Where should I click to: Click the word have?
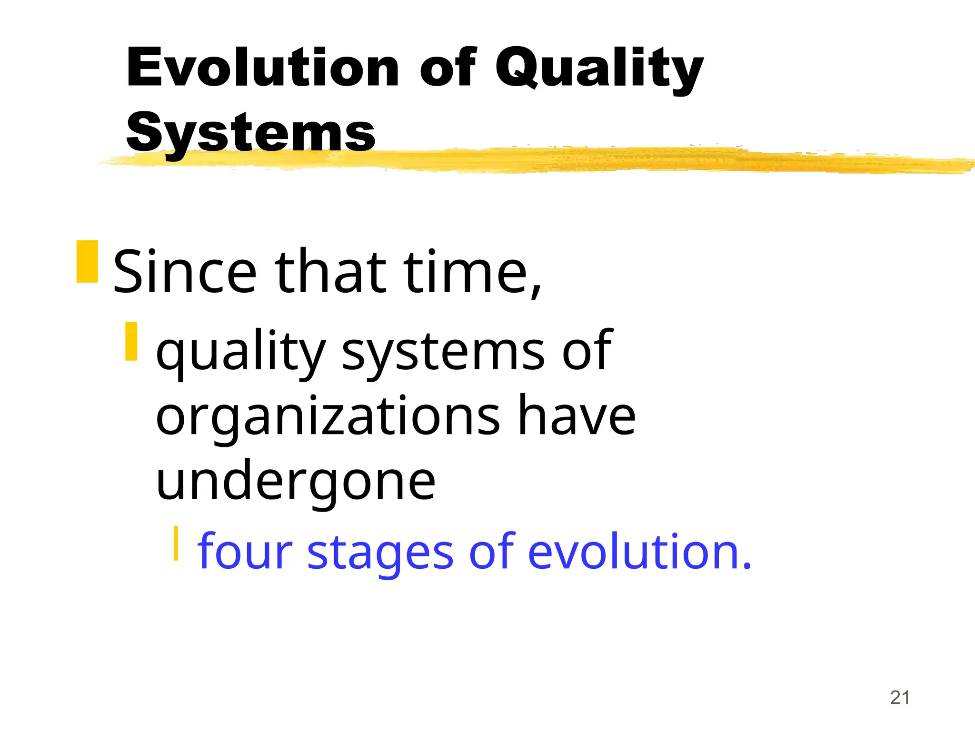pyautogui.click(x=577, y=417)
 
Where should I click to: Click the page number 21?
pyautogui.click(x=900, y=698)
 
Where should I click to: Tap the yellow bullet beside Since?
pyautogui.click(x=87, y=262)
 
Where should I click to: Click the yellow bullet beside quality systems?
pyautogui.click(x=131, y=341)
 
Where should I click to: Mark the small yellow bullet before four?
pyautogui.click(x=176, y=543)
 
